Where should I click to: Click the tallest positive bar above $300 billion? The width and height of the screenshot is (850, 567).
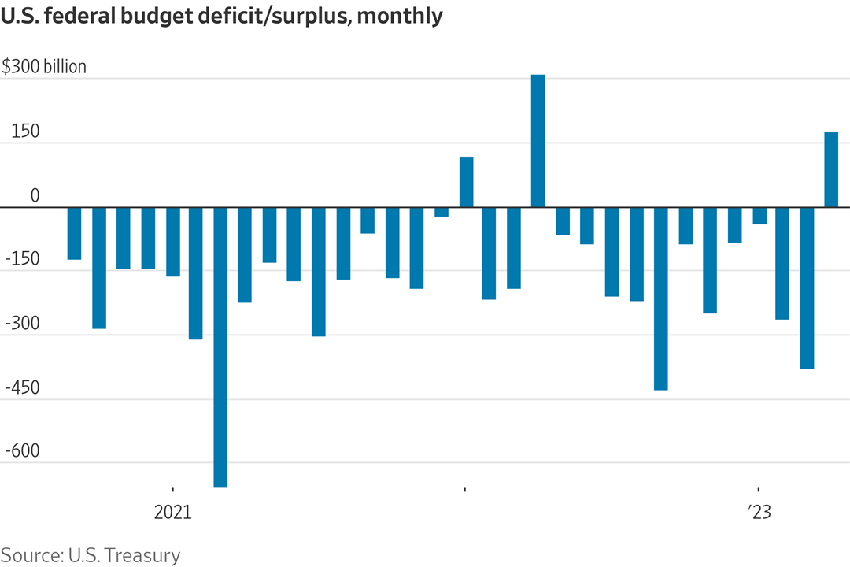click(538, 142)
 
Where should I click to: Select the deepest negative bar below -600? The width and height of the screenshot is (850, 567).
click(220, 346)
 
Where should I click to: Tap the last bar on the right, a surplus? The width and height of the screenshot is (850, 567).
click(831, 170)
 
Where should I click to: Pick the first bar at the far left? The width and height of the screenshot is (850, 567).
click(74, 233)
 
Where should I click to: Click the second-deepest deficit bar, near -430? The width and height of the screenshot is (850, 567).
click(660, 298)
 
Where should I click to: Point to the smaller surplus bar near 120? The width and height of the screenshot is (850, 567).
click(466, 182)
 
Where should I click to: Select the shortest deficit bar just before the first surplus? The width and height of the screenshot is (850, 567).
click(442, 212)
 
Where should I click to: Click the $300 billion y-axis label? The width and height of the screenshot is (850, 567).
click(44, 67)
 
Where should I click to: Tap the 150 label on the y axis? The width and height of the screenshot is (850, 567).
click(25, 132)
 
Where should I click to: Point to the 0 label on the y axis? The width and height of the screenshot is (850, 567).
click(34, 195)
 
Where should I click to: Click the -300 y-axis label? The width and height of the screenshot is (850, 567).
click(23, 324)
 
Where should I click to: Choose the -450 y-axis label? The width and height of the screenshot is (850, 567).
click(23, 388)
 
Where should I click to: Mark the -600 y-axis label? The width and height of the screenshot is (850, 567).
click(23, 452)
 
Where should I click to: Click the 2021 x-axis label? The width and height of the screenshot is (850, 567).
click(172, 513)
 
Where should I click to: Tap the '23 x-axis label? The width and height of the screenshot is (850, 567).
click(759, 513)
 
